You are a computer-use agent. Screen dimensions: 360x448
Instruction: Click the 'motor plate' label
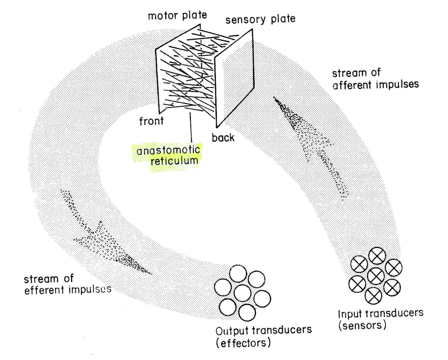point(177,16)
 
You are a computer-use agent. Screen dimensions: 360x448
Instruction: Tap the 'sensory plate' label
point(260,19)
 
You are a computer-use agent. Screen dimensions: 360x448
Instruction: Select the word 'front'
point(151,121)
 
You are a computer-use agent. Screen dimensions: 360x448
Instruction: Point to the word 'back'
point(223,138)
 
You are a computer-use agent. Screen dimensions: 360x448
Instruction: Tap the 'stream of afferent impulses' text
point(375,79)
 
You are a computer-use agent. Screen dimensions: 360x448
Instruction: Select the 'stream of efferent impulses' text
point(67,284)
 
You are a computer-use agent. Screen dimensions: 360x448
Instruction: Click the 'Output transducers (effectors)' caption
point(263,336)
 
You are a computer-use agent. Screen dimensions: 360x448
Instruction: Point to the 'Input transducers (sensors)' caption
point(380,319)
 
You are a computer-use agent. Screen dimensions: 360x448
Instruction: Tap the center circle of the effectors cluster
point(242,293)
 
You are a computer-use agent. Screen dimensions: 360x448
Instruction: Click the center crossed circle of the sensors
point(375,276)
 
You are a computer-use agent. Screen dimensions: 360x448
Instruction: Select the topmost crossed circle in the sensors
point(377,256)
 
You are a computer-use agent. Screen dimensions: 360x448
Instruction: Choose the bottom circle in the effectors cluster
point(247,312)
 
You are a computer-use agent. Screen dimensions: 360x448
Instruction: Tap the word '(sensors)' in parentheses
point(362,325)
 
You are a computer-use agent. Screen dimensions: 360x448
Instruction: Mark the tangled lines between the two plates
point(186,75)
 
